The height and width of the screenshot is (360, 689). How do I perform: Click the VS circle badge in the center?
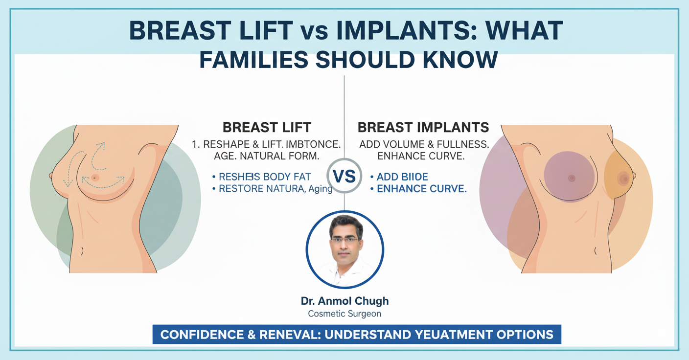(344, 176)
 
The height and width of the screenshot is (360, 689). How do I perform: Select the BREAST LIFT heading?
(267, 128)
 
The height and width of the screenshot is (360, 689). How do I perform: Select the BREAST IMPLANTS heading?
(423, 128)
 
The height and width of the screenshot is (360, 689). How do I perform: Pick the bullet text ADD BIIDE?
(402, 177)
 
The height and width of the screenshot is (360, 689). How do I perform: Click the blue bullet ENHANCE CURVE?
(421, 189)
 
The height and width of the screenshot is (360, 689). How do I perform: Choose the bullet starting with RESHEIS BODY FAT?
(265, 177)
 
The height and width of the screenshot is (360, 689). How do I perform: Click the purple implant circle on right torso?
(569, 177)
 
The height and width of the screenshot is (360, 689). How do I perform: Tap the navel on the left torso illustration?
(81, 250)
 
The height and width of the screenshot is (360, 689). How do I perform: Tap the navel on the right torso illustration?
(595, 250)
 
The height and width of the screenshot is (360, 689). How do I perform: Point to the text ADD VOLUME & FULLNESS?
(423, 145)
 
